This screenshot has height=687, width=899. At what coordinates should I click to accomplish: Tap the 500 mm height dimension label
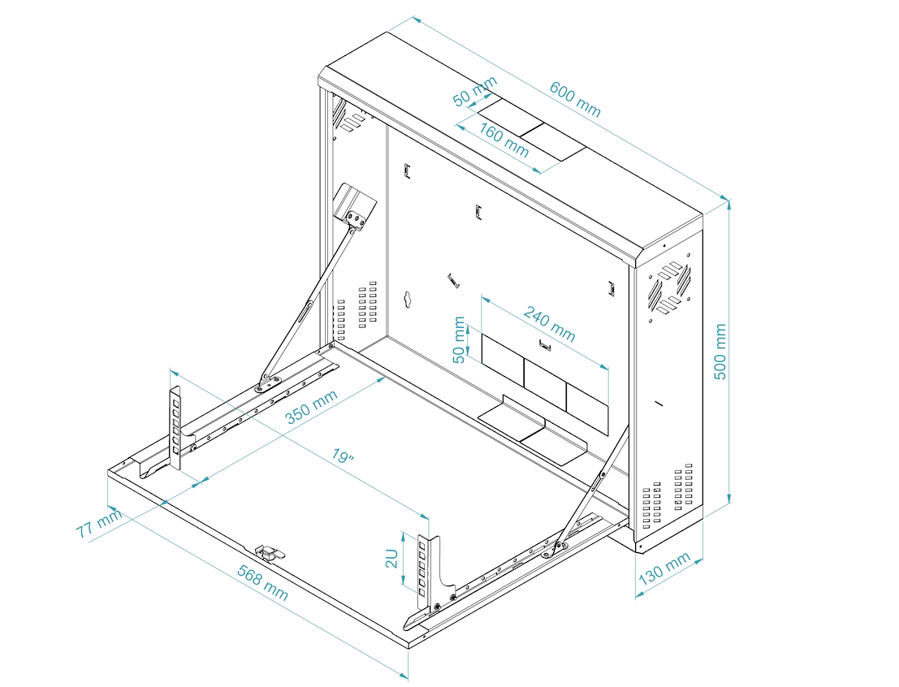tap(720, 350)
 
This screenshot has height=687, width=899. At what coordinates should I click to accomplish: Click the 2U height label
tap(391, 559)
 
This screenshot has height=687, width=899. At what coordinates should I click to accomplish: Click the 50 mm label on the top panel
tap(475, 92)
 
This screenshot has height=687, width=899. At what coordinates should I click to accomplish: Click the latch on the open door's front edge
tap(270, 552)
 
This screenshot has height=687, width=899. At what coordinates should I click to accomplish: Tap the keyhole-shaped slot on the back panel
tap(408, 299)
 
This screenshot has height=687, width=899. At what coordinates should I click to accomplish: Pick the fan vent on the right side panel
tap(670, 288)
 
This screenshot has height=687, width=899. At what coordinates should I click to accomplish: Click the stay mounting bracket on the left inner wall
tap(355, 205)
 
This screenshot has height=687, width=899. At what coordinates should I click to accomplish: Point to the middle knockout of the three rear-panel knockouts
tap(545, 375)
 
